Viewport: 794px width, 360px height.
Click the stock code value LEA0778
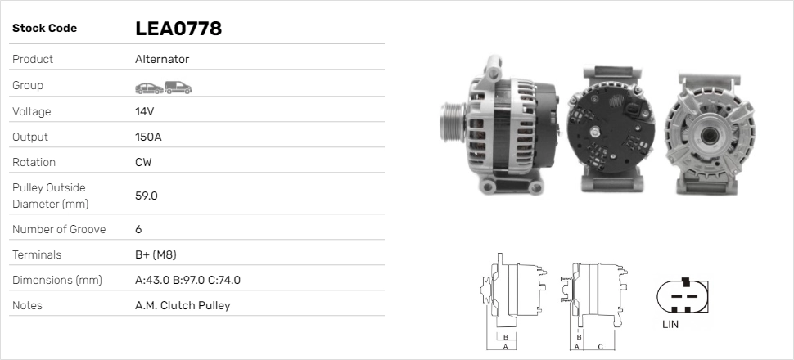178,29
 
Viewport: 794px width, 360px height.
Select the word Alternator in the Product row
162,59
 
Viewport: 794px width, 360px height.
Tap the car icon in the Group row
149,88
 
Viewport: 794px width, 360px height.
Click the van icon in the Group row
178,88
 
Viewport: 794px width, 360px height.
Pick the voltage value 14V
144,111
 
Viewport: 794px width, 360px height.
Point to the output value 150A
148,137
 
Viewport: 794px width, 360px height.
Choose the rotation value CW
143,162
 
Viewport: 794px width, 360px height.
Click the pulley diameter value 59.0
147,196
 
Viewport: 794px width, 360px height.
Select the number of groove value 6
139,229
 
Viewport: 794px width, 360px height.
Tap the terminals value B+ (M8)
156,254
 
